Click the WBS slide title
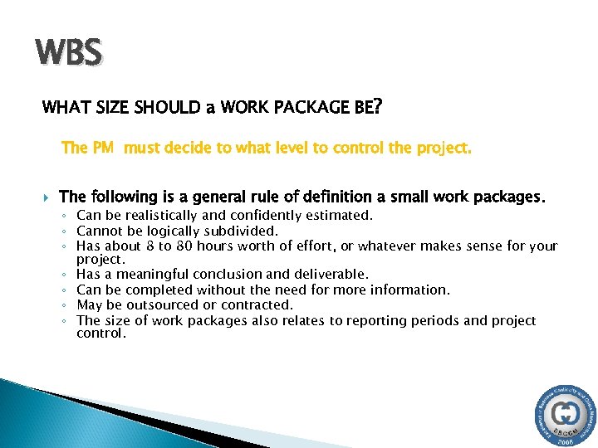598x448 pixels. coord(69,53)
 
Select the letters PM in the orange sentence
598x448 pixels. coord(103,149)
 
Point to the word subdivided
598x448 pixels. coord(238,231)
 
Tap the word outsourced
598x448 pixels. coord(165,304)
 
